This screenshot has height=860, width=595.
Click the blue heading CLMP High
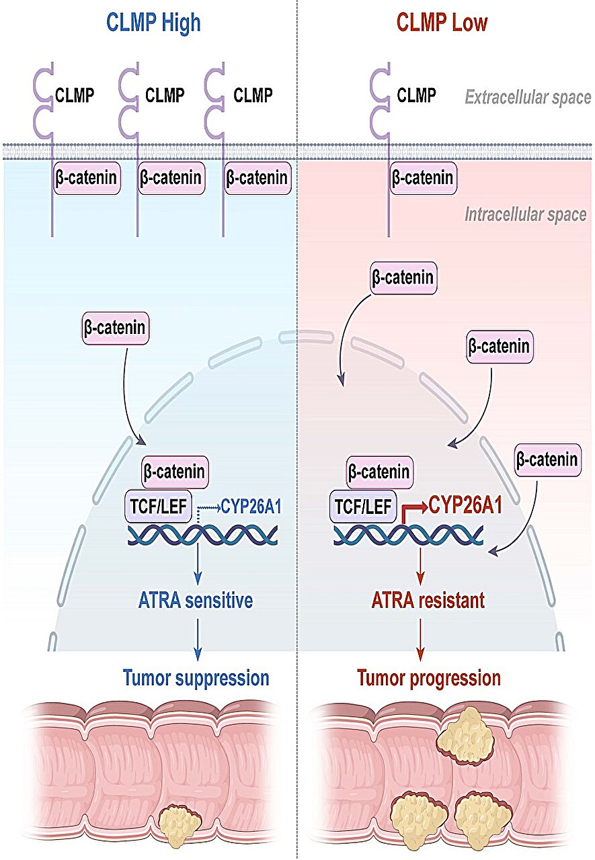click(x=153, y=23)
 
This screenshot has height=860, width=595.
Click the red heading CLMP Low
click(x=442, y=23)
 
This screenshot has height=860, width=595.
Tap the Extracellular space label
click(x=528, y=97)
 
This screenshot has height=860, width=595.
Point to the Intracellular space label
click(x=526, y=214)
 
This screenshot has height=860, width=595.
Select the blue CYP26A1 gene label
click(x=251, y=507)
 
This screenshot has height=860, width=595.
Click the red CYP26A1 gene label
click(x=465, y=505)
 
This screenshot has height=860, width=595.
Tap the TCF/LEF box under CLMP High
click(x=158, y=506)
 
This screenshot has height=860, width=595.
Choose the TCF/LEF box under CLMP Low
click(x=363, y=506)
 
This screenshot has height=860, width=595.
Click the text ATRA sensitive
click(x=196, y=601)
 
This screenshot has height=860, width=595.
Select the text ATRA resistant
click(x=428, y=601)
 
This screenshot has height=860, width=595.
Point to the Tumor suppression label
click(x=196, y=679)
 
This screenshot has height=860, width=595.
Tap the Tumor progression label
click(x=429, y=679)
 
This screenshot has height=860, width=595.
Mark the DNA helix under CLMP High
click(x=203, y=535)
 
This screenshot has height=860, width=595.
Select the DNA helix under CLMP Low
click(x=408, y=535)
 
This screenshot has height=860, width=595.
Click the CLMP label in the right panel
click(x=416, y=95)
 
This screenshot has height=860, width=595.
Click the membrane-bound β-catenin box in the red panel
click(x=423, y=178)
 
